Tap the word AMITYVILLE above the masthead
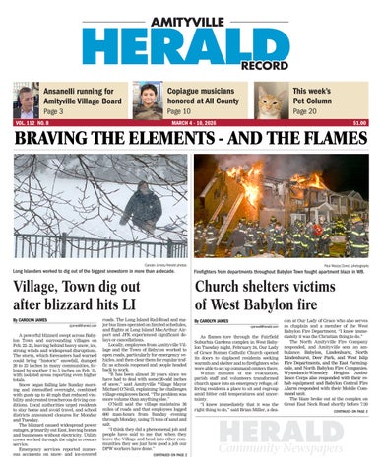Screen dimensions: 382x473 190,11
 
